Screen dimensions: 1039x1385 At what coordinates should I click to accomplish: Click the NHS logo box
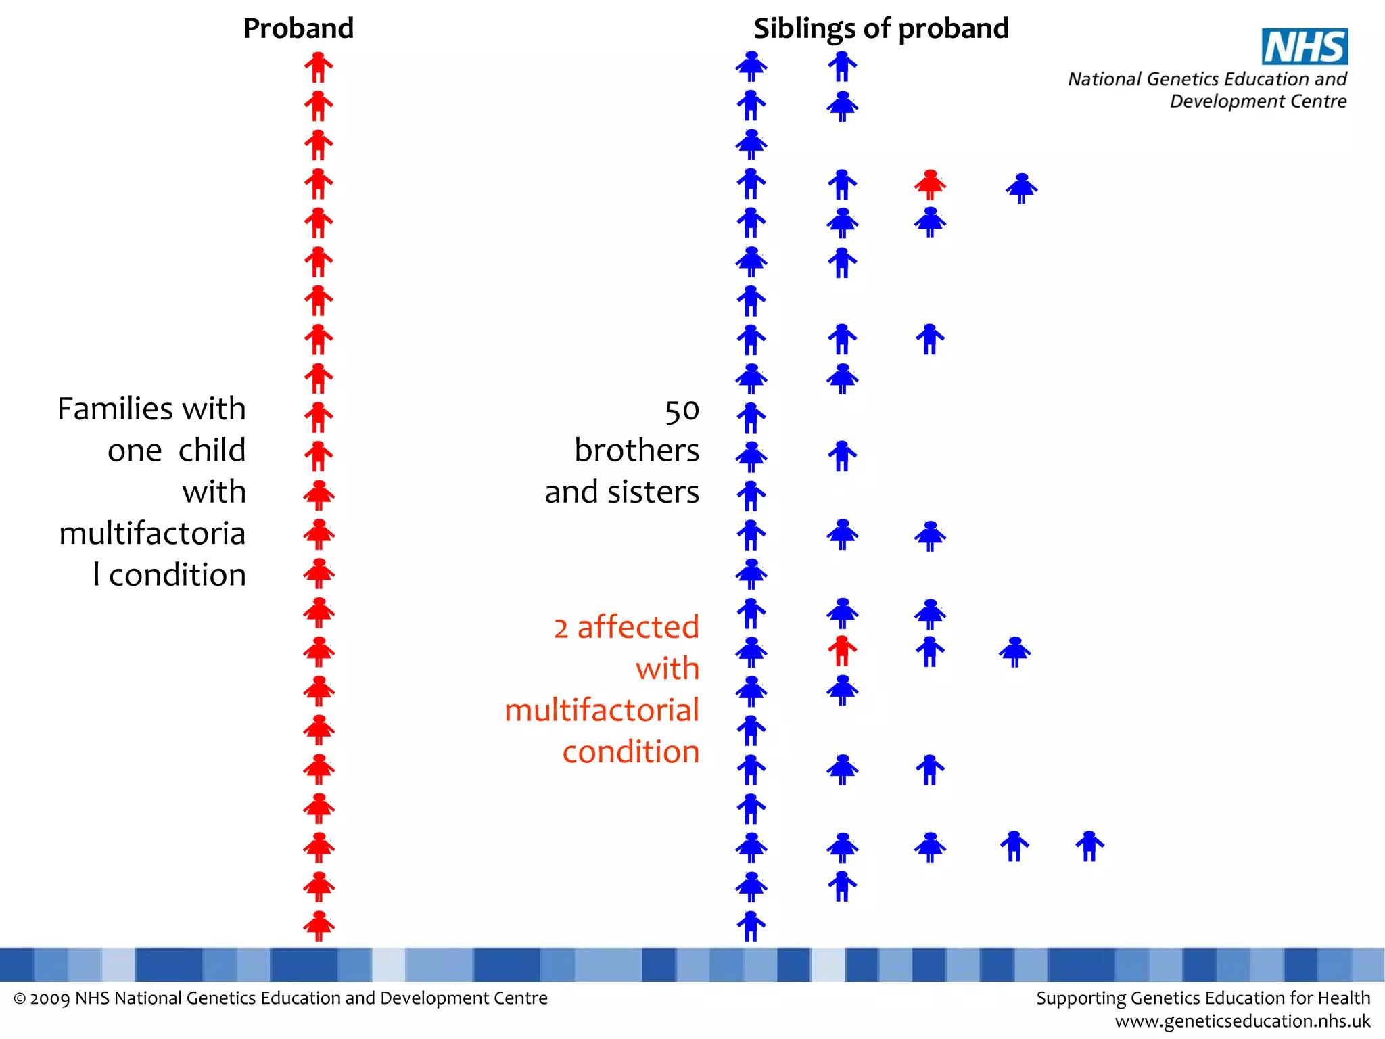click(x=1305, y=47)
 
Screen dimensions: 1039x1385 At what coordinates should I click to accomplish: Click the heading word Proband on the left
click(x=298, y=28)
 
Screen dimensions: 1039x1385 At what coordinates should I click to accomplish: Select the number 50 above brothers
click(x=682, y=411)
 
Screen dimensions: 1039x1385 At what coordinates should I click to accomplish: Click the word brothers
click(x=636, y=451)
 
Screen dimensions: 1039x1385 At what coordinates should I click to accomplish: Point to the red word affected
click(x=638, y=627)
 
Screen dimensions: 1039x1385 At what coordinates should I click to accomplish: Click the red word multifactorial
click(x=602, y=710)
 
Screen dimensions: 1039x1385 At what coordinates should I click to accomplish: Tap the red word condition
click(x=630, y=752)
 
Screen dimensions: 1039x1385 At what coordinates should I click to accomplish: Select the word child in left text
click(x=212, y=451)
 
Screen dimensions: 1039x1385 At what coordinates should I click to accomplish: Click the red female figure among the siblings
click(x=930, y=184)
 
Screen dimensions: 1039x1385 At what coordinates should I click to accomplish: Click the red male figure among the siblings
click(x=842, y=651)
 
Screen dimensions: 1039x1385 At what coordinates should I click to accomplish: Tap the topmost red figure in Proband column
click(x=319, y=66)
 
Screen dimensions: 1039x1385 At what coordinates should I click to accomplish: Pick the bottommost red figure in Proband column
click(x=319, y=925)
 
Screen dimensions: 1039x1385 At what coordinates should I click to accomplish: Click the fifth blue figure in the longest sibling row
click(x=1089, y=846)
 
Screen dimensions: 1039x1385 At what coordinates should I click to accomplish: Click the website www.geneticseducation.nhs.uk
click(x=1242, y=1021)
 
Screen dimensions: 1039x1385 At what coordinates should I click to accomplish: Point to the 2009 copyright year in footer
click(x=49, y=998)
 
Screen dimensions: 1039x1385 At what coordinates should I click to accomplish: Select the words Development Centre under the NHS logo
click(x=1258, y=101)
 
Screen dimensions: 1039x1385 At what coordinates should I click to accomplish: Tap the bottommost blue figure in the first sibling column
click(x=751, y=925)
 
